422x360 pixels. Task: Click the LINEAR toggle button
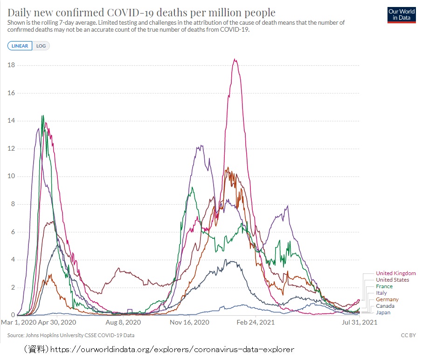point(20,46)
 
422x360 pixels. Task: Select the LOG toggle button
point(41,46)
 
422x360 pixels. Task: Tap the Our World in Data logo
point(401,14)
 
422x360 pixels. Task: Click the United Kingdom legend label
point(395,273)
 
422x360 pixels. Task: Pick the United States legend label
point(392,280)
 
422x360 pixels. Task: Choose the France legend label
point(384,286)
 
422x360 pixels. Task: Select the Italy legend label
point(381,293)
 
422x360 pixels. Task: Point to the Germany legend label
point(387,299)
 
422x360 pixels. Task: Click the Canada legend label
point(385,306)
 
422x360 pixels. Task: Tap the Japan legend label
point(383,312)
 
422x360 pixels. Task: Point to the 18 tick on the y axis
point(12,65)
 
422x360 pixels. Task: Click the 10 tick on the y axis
point(12,176)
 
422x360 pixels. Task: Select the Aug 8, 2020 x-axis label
point(124,322)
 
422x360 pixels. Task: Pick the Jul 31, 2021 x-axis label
point(360,322)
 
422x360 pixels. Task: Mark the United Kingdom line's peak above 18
point(235,59)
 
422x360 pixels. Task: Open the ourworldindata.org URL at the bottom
point(172,349)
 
